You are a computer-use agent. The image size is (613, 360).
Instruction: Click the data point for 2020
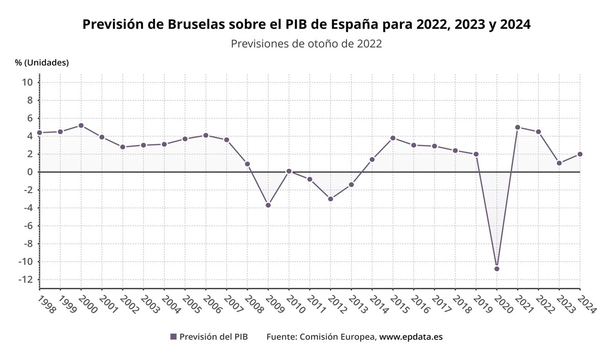pyautogui.click(x=497, y=269)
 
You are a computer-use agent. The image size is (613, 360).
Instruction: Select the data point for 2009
pyautogui.click(x=268, y=205)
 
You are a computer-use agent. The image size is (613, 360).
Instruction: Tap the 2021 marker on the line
pyautogui.click(x=517, y=127)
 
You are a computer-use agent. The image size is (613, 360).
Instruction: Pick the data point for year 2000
pyautogui.click(x=81, y=126)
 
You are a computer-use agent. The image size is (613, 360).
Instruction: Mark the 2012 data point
pyautogui.click(x=331, y=199)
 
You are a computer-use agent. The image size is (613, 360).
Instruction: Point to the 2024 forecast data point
pyautogui.click(x=580, y=154)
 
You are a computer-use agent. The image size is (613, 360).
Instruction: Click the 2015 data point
pyautogui.click(x=393, y=138)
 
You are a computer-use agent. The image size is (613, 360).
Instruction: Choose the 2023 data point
pyautogui.click(x=559, y=163)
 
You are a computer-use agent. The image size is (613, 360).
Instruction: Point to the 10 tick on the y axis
pyautogui.click(x=28, y=82)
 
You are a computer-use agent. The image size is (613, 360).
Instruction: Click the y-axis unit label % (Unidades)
pyautogui.click(x=42, y=62)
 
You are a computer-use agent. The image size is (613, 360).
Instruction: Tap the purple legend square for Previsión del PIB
pyautogui.click(x=173, y=337)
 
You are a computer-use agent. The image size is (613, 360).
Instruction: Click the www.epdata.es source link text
pyautogui.click(x=411, y=337)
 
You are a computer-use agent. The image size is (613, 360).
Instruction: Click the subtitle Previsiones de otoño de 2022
pyautogui.click(x=306, y=44)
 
